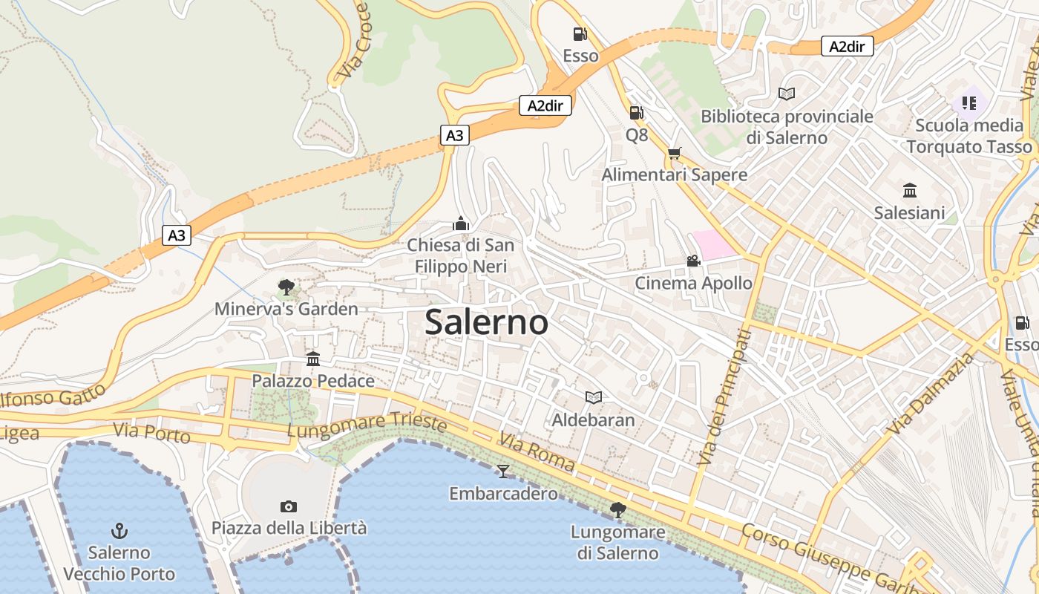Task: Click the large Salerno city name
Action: click(x=487, y=322)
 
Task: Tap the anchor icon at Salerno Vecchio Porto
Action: click(x=119, y=530)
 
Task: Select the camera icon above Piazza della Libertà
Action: click(x=289, y=506)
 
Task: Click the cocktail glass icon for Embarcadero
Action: click(x=503, y=471)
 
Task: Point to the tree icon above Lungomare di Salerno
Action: click(x=617, y=509)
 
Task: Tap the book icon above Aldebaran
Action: click(x=593, y=397)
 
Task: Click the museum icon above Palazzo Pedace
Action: click(x=313, y=359)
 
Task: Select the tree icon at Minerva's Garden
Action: click(x=286, y=287)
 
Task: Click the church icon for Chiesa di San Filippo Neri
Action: click(x=461, y=223)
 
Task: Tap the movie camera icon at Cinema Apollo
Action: click(x=693, y=261)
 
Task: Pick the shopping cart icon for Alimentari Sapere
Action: click(x=674, y=153)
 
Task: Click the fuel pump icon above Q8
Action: click(x=636, y=112)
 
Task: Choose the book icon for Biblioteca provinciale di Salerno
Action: click(x=787, y=94)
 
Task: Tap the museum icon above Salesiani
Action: click(x=909, y=190)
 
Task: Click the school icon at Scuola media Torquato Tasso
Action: click(x=968, y=102)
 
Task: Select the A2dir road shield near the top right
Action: click(x=847, y=46)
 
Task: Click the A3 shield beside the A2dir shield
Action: click(x=455, y=135)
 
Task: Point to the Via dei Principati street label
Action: click(x=725, y=397)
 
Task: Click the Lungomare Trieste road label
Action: click(x=367, y=425)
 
